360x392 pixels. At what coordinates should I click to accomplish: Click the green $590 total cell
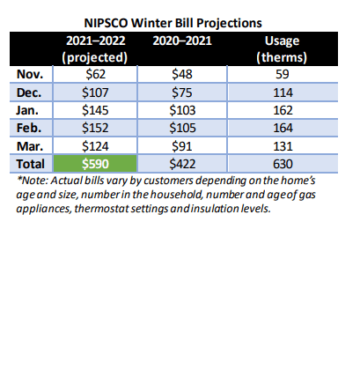95,164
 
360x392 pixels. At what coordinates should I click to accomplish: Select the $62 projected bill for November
95,74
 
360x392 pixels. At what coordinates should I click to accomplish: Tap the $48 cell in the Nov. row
182,74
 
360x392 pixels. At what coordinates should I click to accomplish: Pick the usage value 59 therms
283,74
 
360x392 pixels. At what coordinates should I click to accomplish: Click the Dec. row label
29,92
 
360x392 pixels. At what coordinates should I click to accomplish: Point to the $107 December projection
95,92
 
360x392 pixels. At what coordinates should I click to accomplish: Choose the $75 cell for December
182,92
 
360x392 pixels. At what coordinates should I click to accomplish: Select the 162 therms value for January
283,110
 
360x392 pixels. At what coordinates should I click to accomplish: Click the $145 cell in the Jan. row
95,110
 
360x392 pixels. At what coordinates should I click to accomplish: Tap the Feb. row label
29,128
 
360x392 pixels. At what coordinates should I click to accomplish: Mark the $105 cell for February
182,128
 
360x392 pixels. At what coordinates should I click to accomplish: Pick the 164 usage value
283,128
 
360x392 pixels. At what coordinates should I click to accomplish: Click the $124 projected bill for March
95,146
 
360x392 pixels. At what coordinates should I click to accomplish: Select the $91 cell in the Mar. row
182,146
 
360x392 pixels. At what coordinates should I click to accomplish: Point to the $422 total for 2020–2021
182,164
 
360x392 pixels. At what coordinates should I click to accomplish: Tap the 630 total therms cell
283,164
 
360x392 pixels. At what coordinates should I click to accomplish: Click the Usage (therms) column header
282,48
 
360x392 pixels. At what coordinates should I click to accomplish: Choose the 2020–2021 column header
182,41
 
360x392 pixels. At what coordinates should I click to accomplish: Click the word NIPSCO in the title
106,23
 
